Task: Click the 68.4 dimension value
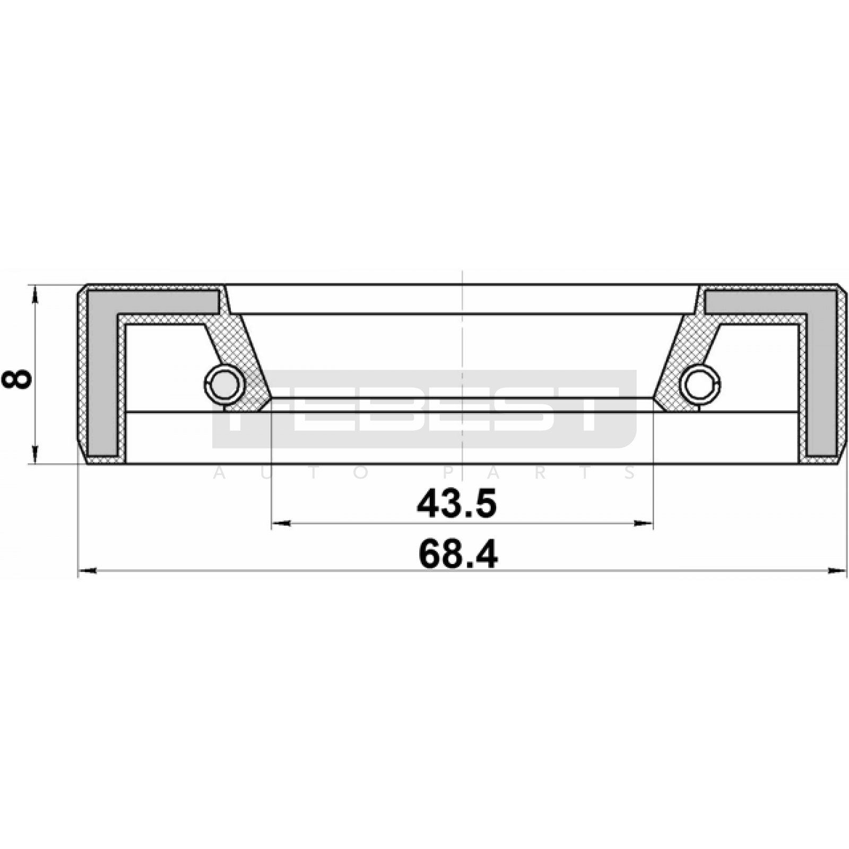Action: [458, 555]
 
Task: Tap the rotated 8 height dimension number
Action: [17, 379]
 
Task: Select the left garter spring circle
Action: [224, 384]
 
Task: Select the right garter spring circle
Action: [700, 384]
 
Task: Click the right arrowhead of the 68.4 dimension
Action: [837, 571]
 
